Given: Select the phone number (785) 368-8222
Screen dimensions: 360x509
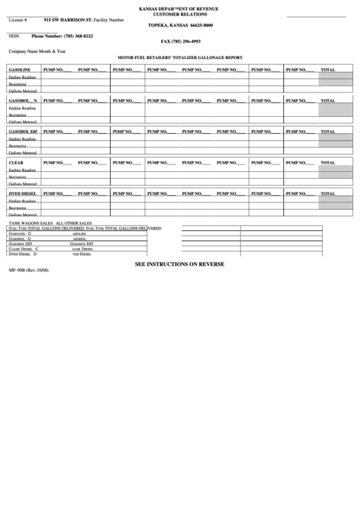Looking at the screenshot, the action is [71, 35].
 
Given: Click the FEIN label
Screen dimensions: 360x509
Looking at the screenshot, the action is [14, 35].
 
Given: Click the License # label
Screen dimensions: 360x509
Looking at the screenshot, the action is [18, 20].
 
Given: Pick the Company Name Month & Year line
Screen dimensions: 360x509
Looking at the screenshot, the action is [37, 52].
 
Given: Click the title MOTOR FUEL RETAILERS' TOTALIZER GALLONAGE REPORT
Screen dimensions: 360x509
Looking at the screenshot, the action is [179, 58].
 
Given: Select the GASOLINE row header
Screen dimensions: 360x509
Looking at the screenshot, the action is [20, 69].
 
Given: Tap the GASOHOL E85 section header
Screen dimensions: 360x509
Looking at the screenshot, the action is [23, 131].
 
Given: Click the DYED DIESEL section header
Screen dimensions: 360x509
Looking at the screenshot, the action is [22, 194].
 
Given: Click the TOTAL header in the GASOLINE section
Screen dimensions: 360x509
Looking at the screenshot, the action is [327, 69].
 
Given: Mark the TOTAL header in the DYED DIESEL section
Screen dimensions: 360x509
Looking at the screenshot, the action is [327, 194].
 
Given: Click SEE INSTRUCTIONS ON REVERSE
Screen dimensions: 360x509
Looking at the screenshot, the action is [179, 264].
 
